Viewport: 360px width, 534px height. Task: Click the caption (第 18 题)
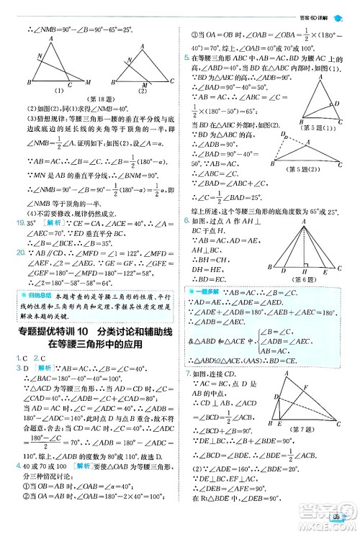click(x=91, y=98)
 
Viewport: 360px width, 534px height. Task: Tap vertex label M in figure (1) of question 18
click(x=89, y=81)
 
